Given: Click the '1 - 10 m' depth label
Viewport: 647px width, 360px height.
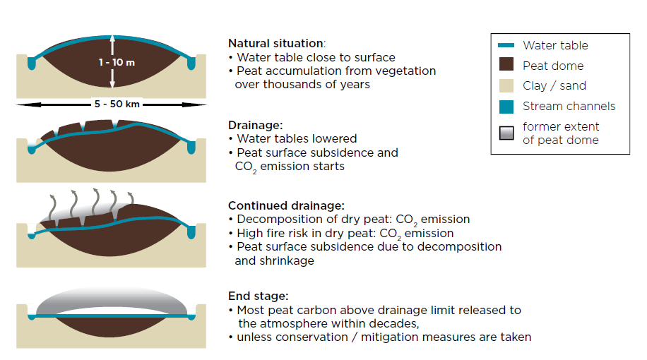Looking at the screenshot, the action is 117,62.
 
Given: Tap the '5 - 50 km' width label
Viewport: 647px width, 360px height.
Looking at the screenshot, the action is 117,104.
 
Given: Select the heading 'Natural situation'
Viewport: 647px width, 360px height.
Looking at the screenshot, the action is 275,43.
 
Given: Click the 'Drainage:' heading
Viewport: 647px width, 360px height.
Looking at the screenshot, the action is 256,125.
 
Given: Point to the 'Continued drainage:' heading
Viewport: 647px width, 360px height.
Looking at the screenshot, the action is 286,205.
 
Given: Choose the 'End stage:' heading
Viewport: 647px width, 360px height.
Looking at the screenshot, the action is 259,296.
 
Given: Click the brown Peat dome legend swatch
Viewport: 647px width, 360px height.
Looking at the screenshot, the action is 506,64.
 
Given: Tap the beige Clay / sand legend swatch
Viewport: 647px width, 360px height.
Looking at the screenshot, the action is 506,86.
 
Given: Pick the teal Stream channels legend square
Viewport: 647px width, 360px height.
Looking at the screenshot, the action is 506,107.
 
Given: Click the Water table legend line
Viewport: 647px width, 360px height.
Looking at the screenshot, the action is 506,45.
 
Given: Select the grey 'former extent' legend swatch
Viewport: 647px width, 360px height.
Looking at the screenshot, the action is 506,133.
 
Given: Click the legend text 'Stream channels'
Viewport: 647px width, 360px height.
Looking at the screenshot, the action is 569,106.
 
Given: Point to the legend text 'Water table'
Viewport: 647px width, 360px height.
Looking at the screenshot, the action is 555,45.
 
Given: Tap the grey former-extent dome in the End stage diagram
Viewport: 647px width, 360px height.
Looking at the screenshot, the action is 112,298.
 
